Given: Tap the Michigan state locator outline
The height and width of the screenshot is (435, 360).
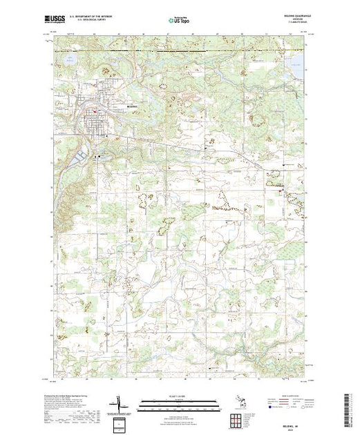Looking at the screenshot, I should point(239,403).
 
